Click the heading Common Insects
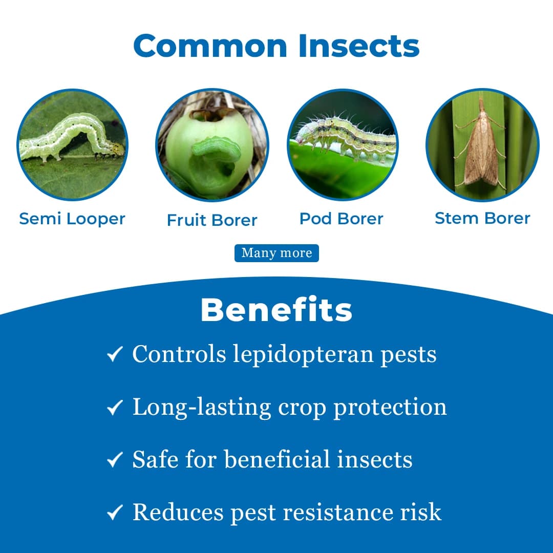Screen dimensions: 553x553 276,46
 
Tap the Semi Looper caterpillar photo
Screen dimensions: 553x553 72,145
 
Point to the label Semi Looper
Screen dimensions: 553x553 72,219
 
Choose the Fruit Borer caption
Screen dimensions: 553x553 212,220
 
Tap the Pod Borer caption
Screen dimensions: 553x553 342,219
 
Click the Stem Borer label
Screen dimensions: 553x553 482,218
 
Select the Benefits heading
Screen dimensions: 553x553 276,309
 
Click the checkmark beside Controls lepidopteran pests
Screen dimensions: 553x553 115,354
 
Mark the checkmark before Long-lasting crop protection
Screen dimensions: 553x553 115,408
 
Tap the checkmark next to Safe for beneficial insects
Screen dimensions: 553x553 115,460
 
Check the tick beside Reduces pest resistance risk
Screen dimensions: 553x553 115,513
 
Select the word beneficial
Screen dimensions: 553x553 278,459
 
